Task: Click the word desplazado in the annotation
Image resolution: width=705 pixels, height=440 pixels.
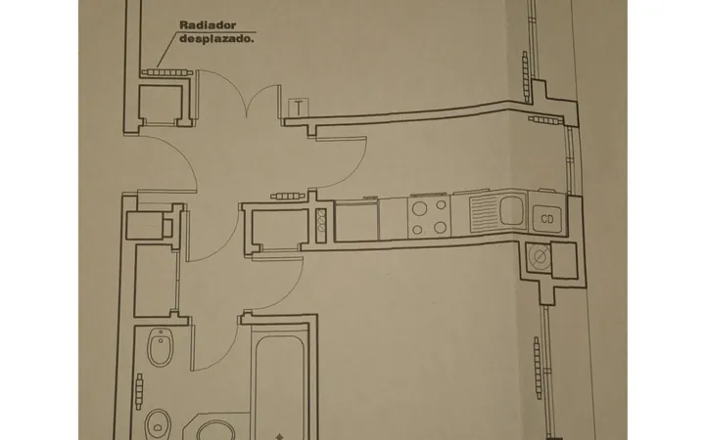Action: click(x=216, y=38)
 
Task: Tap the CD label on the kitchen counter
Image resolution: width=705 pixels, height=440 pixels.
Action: click(x=547, y=219)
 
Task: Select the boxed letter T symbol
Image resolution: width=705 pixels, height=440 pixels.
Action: click(x=299, y=108)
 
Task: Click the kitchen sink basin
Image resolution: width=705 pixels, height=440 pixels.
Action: click(x=512, y=211)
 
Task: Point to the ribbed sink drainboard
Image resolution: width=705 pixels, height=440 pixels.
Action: click(x=485, y=214)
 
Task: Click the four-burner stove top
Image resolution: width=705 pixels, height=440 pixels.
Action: click(x=429, y=217)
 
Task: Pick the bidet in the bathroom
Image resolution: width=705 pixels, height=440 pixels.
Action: click(x=160, y=347)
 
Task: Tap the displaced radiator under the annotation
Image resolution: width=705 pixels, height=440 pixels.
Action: click(x=167, y=72)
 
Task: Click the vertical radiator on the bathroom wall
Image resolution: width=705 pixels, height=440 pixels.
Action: click(x=139, y=391)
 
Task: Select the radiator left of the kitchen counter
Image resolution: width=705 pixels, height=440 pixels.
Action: click(x=288, y=196)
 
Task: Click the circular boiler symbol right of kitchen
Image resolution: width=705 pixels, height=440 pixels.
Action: click(x=540, y=256)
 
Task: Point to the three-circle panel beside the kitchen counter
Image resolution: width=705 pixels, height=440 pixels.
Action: click(x=321, y=221)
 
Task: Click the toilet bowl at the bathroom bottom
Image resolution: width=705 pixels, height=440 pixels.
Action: click(x=158, y=424)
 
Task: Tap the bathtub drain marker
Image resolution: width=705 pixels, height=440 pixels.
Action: click(x=279, y=436)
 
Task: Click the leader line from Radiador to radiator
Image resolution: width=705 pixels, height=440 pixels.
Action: click(x=168, y=49)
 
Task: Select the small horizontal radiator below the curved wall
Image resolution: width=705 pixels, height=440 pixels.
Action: click(x=545, y=120)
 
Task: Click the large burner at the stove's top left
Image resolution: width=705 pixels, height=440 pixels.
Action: click(x=420, y=209)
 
